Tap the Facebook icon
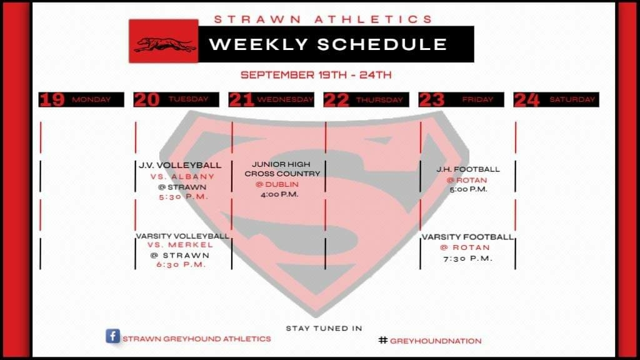click(x=113, y=336)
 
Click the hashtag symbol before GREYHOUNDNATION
click(x=383, y=340)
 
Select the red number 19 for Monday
click(x=52, y=99)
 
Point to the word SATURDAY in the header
click(x=572, y=99)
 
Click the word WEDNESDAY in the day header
click(x=285, y=99)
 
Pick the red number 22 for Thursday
click(x=336, y=100)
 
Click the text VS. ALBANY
click(x=182, y=177)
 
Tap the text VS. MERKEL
click(x=181, y=245)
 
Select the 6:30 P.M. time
click(x=181, y=264)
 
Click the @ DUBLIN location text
click(x=277, y=184)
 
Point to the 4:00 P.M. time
click(x=279, y=195)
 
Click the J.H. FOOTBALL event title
click(x=467, y=169)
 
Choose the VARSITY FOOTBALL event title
click(x=467, y=237)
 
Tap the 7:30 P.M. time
click(x=467, y=258)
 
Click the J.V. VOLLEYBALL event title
click(x=180, y=165)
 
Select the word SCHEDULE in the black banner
click(x=382, y=44)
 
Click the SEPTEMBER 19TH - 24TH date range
click(x=316, y=75)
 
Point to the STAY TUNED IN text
click(x=324, y=328)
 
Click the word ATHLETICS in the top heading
click(x=374, y=19)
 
